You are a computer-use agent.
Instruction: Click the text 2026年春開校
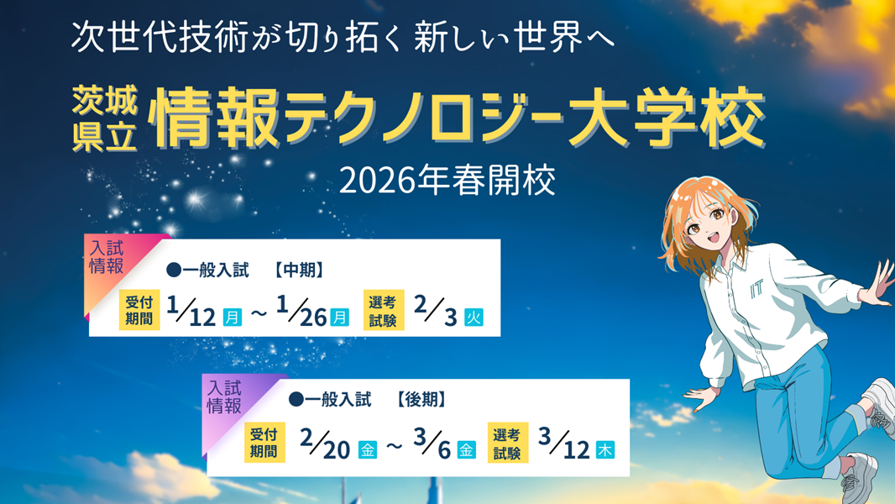tap(447, 181)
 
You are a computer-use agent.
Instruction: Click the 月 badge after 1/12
tap(233, 318)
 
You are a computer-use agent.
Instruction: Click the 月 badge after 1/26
tap(339, 318)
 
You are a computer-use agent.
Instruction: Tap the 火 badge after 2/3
tap(474, 318)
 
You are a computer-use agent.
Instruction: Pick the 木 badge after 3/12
tap(605, 449)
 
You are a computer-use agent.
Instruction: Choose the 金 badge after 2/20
tap(368, 449)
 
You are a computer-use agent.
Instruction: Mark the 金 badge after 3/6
tap(467, 449)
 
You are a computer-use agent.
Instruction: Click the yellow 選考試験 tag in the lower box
tap(508, 443)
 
